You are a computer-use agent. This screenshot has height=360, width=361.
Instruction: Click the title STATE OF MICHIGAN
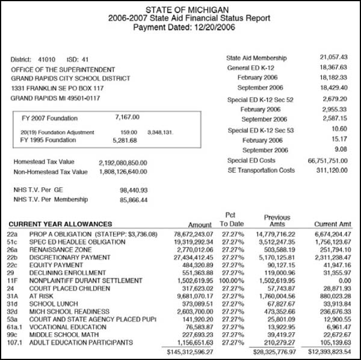[x=181, y=9]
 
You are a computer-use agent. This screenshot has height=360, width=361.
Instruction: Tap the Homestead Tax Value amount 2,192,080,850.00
[x=123, y=163]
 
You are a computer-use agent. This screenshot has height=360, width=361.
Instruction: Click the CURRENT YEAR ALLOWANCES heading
[x=60, y=224]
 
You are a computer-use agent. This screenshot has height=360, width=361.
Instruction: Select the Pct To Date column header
[x=229, y=219]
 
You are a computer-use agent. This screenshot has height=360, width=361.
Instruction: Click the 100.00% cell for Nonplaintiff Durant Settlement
[x=229, y=280]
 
